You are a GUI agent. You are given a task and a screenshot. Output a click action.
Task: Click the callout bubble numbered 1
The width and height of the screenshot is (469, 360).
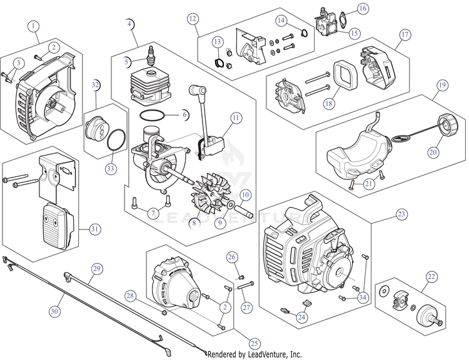pos(33,26)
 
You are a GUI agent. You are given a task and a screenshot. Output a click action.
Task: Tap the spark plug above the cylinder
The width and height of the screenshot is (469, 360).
pos(151,56)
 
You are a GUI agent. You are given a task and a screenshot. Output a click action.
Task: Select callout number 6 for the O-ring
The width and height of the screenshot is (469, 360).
pos(184,115)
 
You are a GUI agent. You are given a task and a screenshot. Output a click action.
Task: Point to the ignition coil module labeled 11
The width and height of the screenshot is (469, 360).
pos(213,146)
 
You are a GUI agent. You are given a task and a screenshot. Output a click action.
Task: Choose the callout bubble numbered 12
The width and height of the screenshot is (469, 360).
pos(193,19)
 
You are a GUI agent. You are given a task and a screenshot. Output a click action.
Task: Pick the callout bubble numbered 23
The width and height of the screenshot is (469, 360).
pos(401,214)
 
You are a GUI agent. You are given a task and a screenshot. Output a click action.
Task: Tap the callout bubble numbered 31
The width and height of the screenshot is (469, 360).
pos(94,229)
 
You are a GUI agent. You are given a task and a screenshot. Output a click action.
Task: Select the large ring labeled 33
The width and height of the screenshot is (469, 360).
pos(116,139)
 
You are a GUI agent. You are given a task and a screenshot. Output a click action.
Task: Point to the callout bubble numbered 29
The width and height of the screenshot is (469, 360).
pos(96,269)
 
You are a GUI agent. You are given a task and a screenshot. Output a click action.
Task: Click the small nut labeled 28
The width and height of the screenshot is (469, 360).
pos(164,312)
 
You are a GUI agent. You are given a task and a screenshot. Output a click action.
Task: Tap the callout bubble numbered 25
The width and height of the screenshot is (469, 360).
pos(254,344)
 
